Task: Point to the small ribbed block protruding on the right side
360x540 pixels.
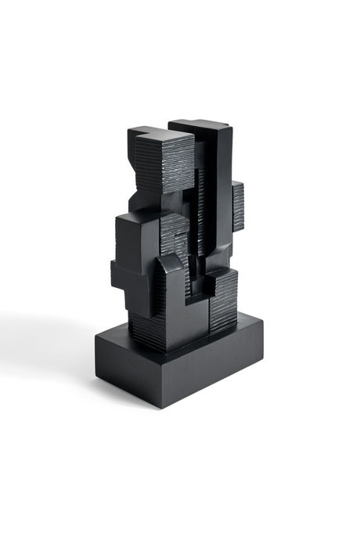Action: click(237, 206)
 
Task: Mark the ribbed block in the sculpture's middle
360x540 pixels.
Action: click(174, 235)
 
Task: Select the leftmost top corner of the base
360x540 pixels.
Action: click(95, 336)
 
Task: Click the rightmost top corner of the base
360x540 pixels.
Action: click(263, 319)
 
